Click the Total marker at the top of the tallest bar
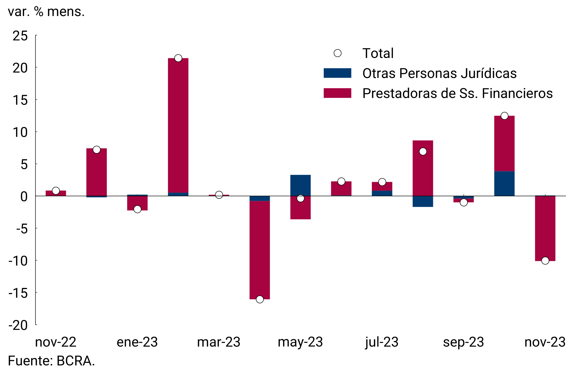[178, 58]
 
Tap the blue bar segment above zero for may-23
[300, 185]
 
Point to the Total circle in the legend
[338, 53]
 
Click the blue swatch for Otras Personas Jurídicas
[337, 73]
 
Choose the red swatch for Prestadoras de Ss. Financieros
[337, 93]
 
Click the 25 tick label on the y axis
[20, 36]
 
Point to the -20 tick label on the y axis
[18, 325]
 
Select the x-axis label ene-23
[137, 342]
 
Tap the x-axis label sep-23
[463, 342]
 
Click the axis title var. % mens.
[46, 12]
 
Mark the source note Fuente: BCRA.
[51, 361]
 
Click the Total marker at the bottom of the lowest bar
[260, 299]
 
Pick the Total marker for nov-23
[545, 261]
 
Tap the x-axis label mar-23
[219, 342]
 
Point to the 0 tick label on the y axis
[24, 197]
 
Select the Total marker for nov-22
[56, 191]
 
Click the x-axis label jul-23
[382, 342]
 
